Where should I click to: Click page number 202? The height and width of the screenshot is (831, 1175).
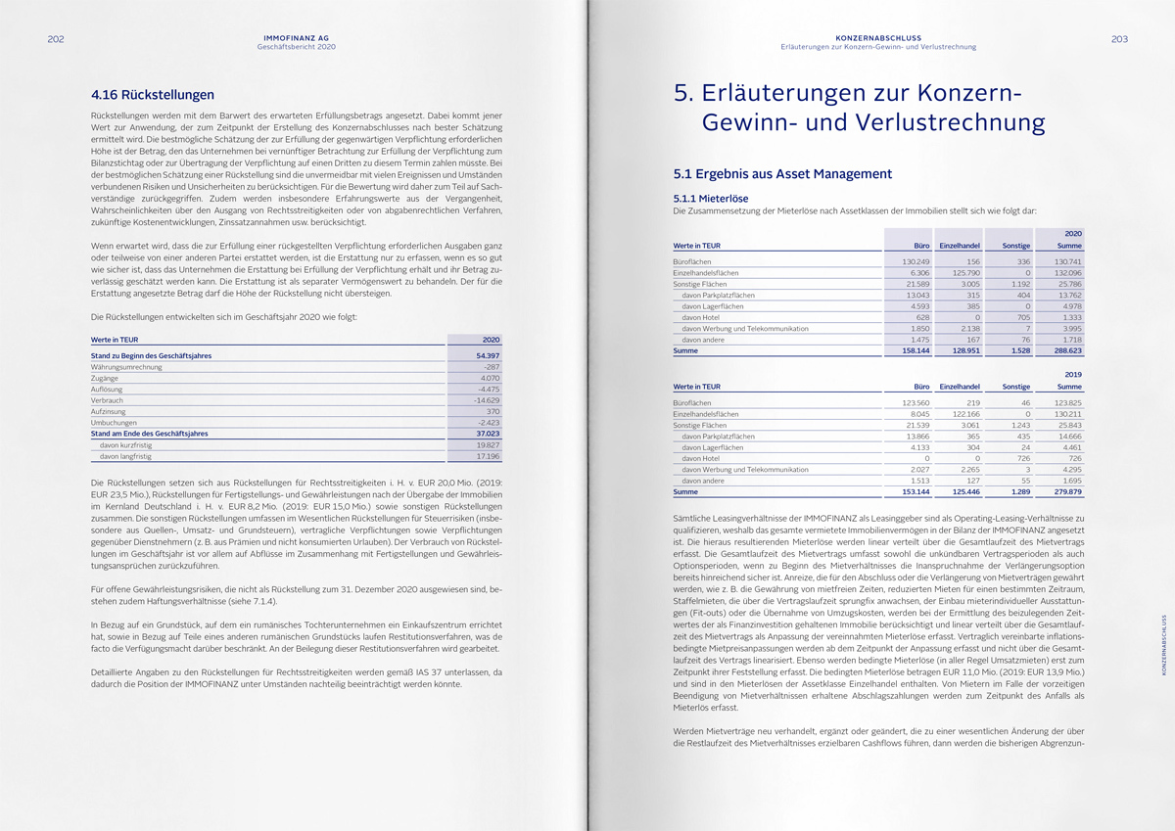55,39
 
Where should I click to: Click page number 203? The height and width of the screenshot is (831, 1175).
1119,39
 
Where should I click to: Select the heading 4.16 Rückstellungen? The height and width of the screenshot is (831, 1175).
153,95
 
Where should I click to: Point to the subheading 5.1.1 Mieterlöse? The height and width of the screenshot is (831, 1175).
712,198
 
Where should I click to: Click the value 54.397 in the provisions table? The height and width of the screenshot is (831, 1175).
488,355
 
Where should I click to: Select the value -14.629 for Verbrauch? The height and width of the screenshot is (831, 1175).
486,399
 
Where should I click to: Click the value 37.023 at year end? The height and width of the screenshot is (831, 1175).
488,433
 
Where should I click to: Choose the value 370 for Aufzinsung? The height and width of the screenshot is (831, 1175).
492,411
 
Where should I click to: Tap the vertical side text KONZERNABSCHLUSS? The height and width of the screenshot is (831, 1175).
1163,644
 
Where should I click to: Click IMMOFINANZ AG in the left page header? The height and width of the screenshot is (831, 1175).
296,37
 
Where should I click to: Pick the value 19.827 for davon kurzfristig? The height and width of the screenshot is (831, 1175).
487,444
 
